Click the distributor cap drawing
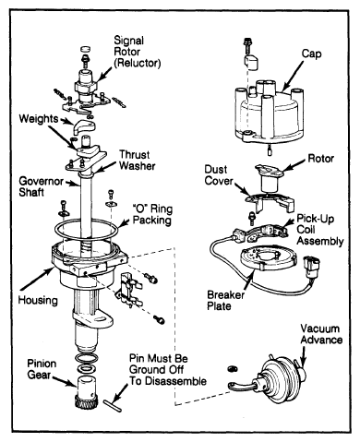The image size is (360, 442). (267, 113)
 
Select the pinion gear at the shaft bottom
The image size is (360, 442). (87, 392)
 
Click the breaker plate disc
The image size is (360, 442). (269, 257)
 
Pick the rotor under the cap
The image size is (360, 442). (270, 179)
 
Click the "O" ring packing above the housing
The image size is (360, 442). (86, 230)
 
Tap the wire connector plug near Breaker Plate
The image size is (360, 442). (311, 265)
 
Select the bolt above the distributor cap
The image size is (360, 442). (246, 46)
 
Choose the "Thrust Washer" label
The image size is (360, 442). (138, 160)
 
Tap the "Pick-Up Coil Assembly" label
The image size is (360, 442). (320, 230)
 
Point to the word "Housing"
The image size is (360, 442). (38, 300)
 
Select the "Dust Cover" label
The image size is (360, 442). (219, 175)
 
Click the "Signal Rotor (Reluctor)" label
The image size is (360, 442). (138, 52)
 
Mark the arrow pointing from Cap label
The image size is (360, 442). (294, 74)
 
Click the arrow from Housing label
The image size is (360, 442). (37, 279)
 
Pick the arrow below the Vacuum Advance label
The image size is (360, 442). (303, 357)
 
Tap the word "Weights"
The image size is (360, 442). (39, 118)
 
